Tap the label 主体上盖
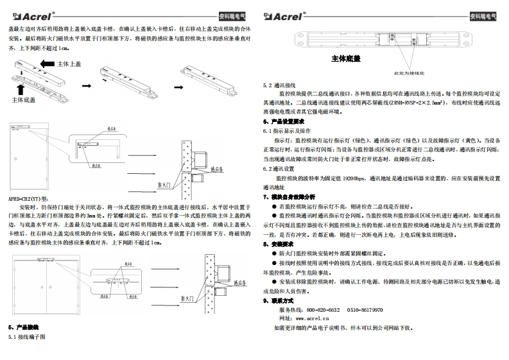[69, 64]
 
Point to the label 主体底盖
[24, 100]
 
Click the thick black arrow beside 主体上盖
[46, 64]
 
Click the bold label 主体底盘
[345, 59]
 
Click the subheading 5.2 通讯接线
[280, 85]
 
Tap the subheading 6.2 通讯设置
[280, 168]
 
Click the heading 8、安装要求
[278, 244]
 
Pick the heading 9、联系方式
[278, 300]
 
